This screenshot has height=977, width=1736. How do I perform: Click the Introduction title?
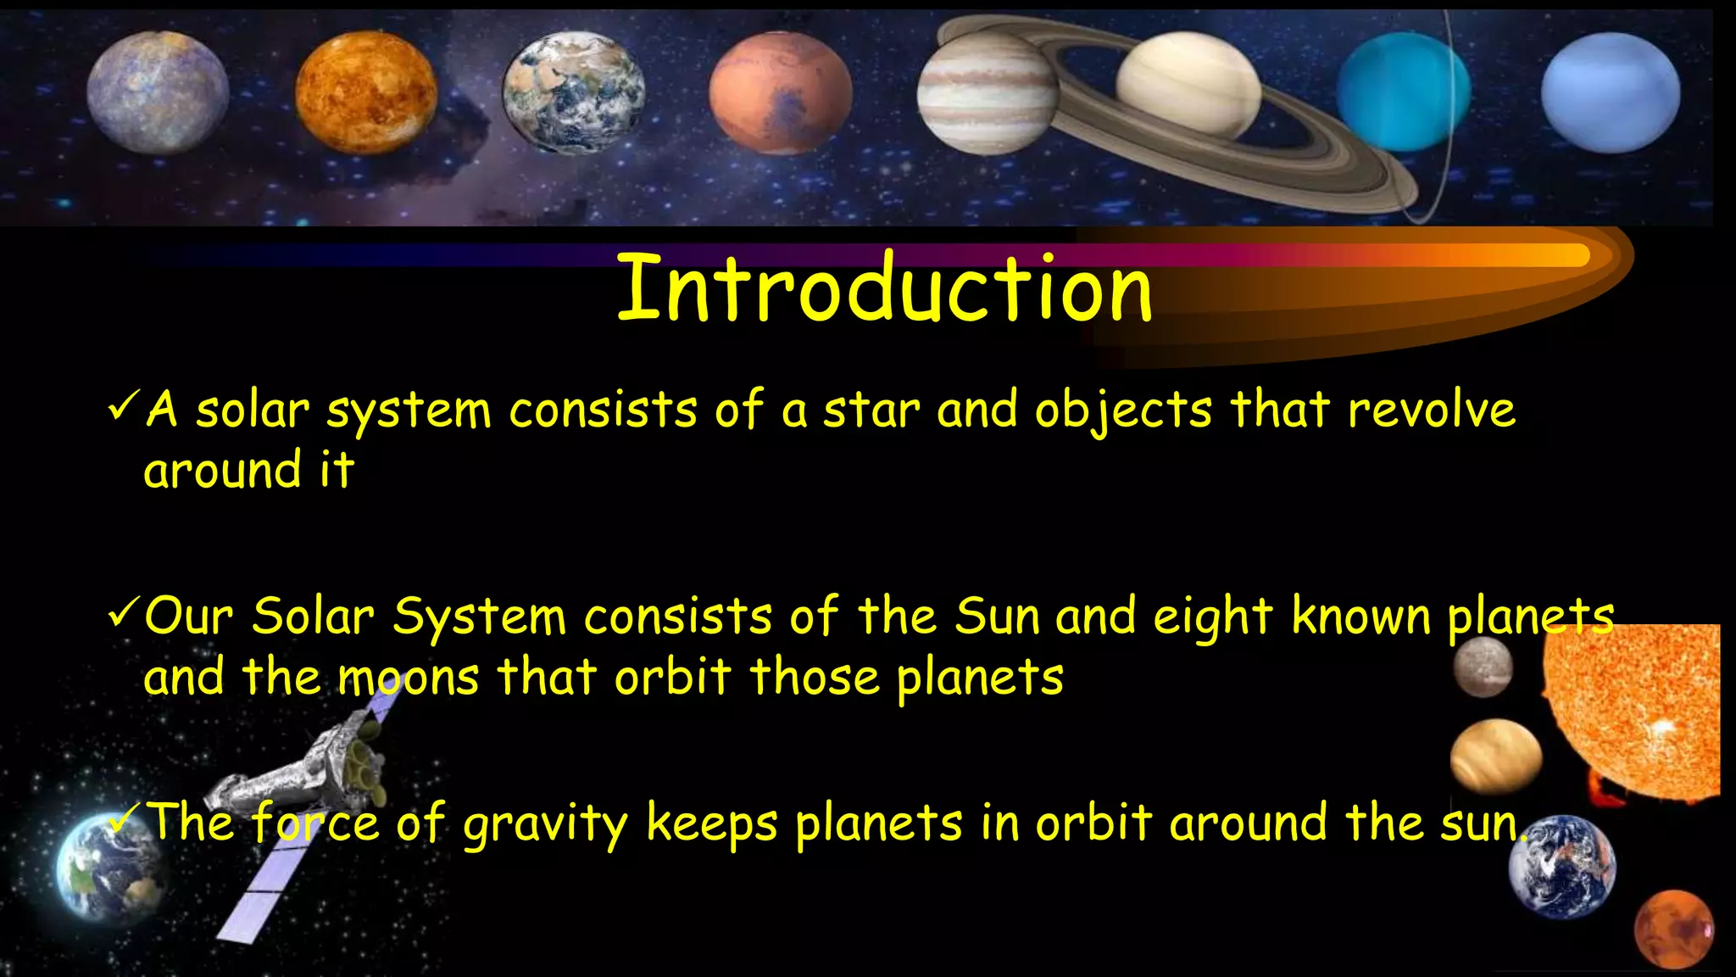pyautogui.click(x=884, y=288)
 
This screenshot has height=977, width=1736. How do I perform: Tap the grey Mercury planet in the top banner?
pyautogui.click(x=158, y=92)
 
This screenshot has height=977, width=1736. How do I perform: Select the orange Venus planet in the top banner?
pyautogui.click(x=366, y=92)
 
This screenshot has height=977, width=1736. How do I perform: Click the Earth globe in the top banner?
pyautogui.click(x=573, y=92)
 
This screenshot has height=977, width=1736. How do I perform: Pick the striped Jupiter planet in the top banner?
pyautogui.click(x=987, y=93)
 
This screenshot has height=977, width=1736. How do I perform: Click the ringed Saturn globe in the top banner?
pyautogui.click(x=1188, y=85)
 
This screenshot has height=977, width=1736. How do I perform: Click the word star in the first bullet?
pyautogui.click(x=871, y=410)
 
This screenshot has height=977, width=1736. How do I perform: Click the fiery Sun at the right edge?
pyautogui.click(x=1636, y=712)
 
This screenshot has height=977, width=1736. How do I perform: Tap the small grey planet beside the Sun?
pyautogui.click(x=1483, y=667)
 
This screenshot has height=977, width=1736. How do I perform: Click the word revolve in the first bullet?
pyautogui.click(x=1431, y=410)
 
